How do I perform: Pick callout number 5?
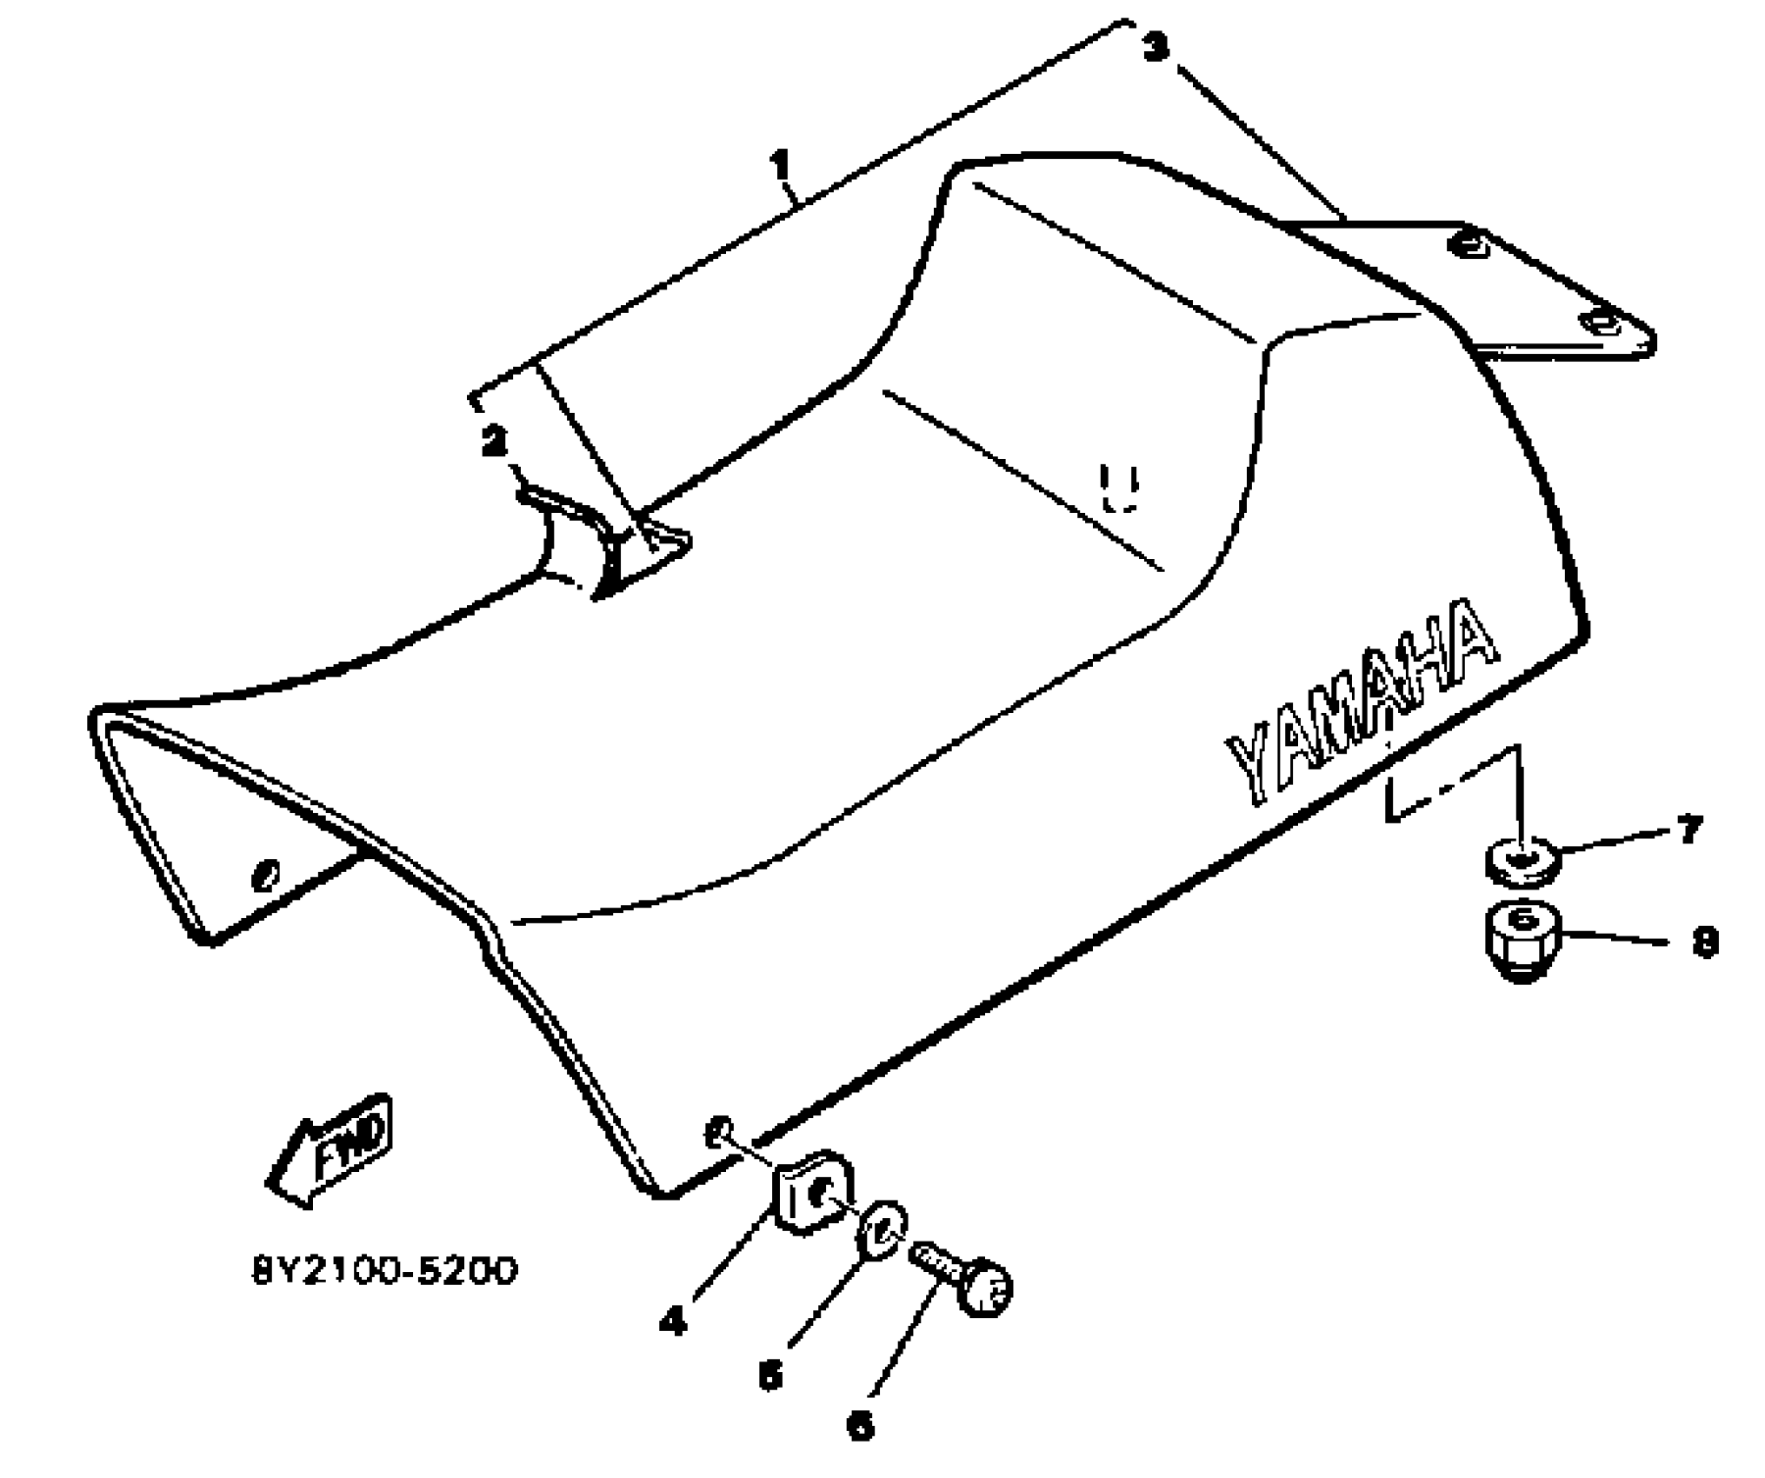(x=769, y=1375)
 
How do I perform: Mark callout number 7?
(x=1689, y=829)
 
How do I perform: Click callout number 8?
(x=1705, y=942)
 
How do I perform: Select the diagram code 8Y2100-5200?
(x=384, y=1270)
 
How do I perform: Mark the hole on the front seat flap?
(x=265, y=875)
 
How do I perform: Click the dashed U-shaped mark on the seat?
(x=1119, y=489)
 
